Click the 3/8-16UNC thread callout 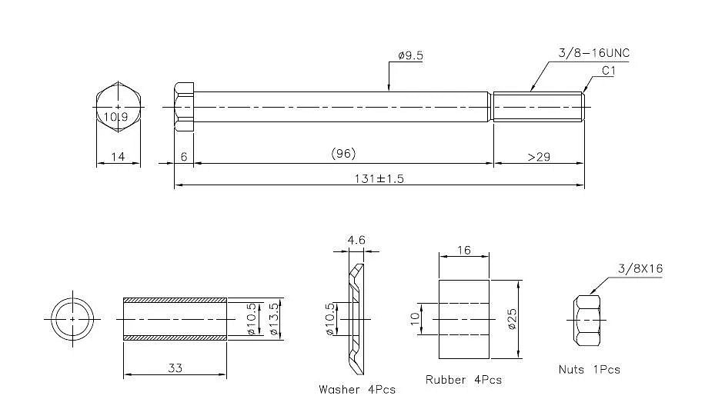coord(593,53)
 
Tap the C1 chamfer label coord(608,71)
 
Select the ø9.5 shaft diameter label coord(410,55)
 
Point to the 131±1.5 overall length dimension coord(379,178)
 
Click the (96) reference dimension coord(343,154)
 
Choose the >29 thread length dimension coord(539,157)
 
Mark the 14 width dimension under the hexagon coord(118,157)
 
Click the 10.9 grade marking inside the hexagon coord(115,117)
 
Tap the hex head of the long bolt coord(184,107)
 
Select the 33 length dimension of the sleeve coord(175,368)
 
